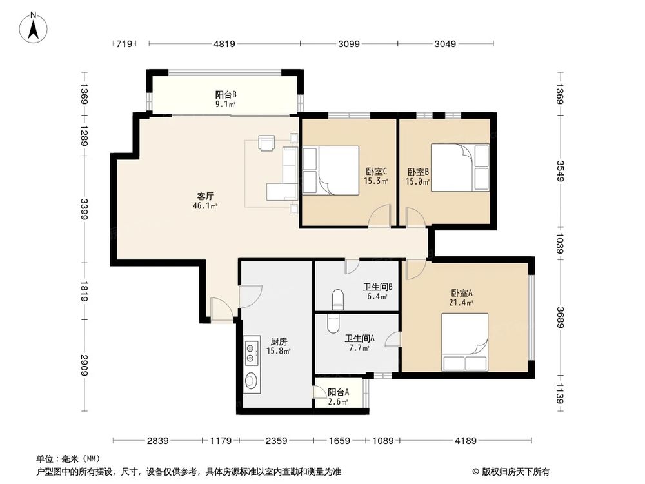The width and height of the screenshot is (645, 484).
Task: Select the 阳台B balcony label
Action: coord(225,94)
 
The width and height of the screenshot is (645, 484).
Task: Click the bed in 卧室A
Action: coord(464,342)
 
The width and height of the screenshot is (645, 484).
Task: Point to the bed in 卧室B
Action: coord(459,168)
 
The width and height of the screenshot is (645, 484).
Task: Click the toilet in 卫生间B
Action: coord(336,299)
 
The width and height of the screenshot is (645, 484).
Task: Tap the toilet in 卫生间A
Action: coord(333,323)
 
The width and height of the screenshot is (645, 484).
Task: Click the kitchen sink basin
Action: coord(251,381)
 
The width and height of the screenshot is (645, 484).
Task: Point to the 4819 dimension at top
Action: coord(224,44)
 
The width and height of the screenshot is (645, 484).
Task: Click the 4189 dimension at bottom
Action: coord(465,441)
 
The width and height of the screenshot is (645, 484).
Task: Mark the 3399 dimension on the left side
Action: coord(84,210)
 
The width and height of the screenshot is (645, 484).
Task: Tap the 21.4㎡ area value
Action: coord(462,302)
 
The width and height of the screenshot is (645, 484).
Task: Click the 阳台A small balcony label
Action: coord(338,392)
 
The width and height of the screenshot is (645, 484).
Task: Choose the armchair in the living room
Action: coord(266,142)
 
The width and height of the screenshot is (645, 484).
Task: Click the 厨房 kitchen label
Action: coord(278,341)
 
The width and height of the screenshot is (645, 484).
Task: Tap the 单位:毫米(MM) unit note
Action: coord(63,459)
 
